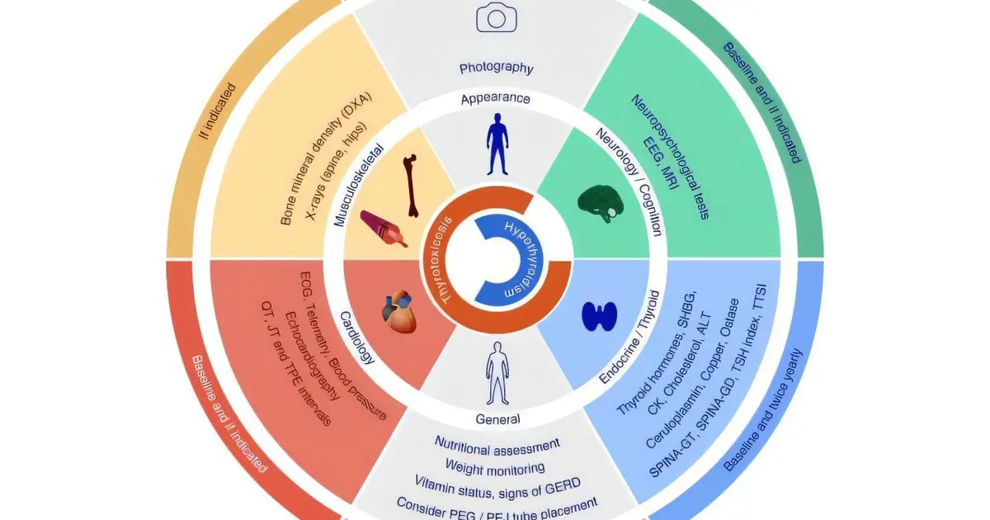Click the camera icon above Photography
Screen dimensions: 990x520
pos(497,17)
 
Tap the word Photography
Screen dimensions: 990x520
pos(497,68)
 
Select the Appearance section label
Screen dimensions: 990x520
pos(496,98)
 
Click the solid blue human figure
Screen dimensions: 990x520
pos(497,144)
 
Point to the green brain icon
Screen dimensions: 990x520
pos(601,203)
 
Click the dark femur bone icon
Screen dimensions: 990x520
pos(411,186)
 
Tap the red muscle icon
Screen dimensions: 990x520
pos(383,228)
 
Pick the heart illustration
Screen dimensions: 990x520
pos(399,311)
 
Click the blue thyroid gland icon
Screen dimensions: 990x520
pos(599,316)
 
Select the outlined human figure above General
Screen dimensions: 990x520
pos(497,373)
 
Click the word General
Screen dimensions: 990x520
pos(497,419)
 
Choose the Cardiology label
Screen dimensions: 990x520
pos(357,338)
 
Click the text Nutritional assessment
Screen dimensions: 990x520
pos(497,447)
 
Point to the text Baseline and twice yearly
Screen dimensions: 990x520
pos(763,410)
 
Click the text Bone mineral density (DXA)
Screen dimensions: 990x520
pos(326,158)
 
